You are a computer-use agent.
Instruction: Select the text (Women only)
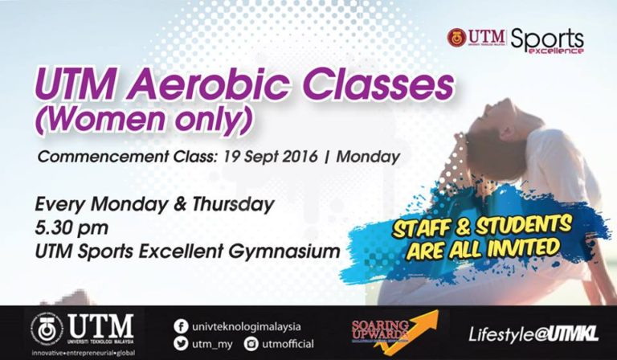coord(141,118)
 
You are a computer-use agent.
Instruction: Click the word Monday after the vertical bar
coord(368,156)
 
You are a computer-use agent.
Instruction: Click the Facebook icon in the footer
coord(182,326)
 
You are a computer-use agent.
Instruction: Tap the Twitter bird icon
coord(182,343)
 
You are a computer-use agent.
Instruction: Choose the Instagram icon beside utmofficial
coord(251,343)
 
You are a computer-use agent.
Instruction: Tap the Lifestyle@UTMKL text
coord(531,333)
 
